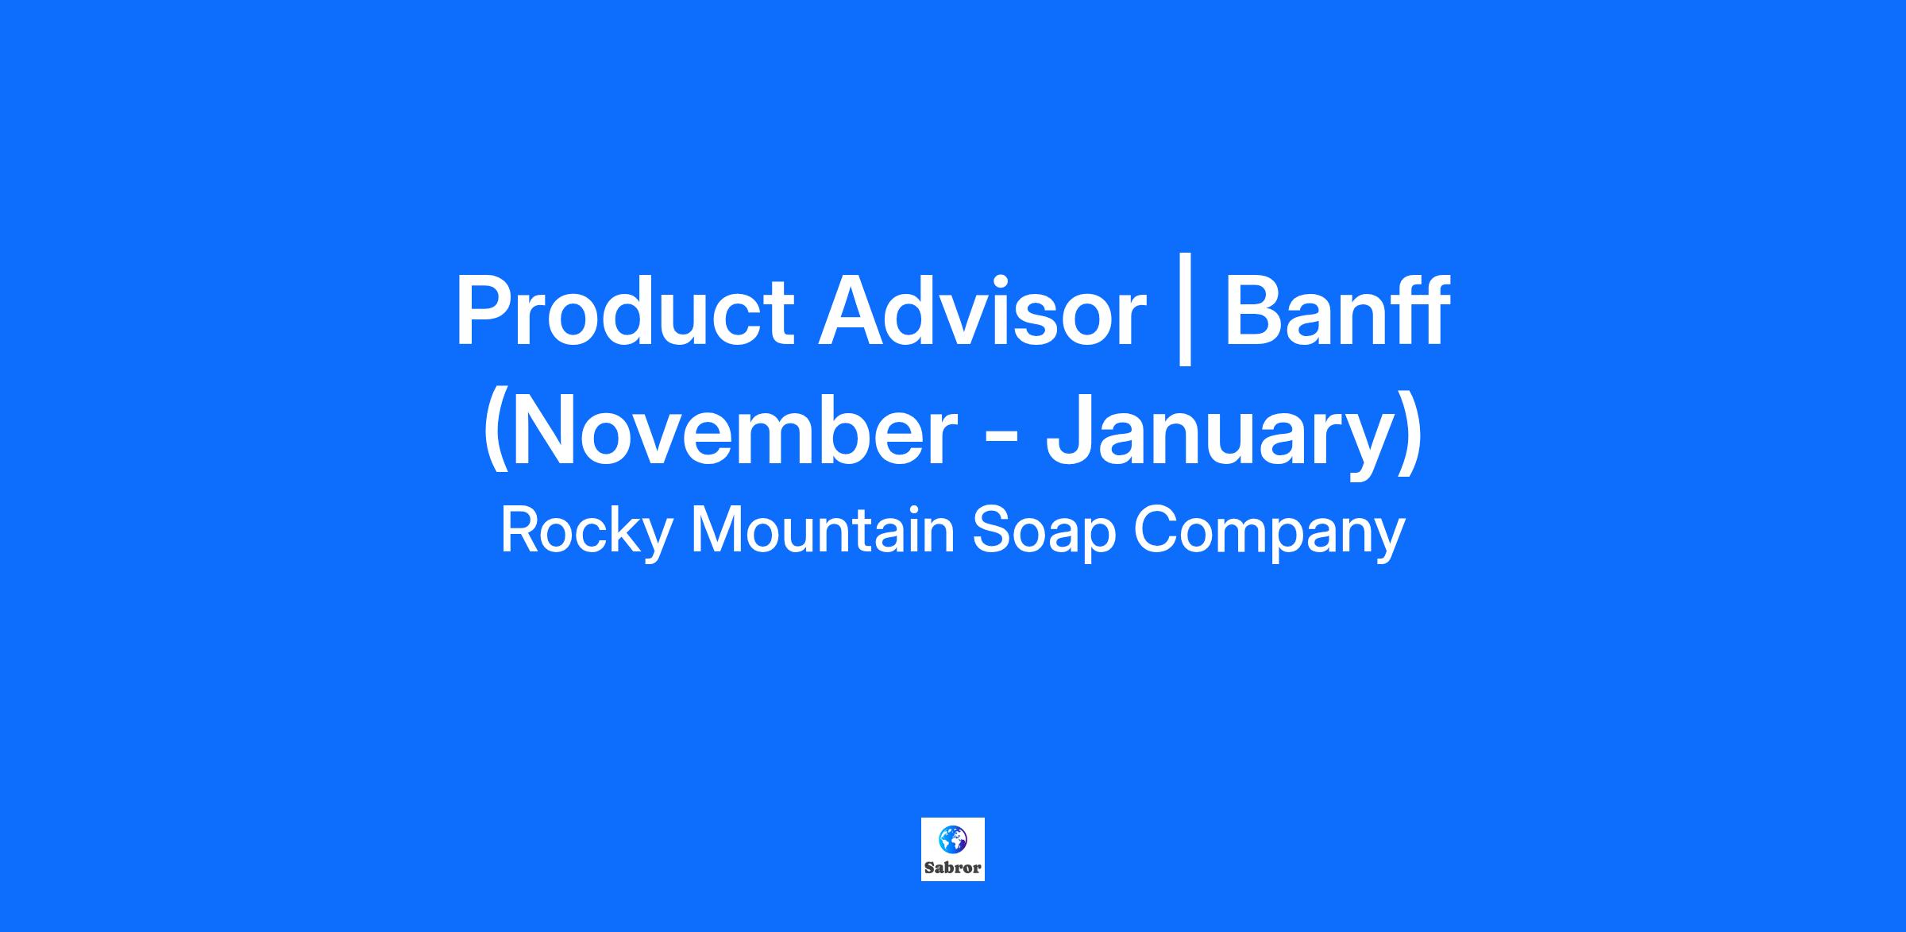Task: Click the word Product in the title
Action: [624, 311]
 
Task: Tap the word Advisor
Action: [982, 311]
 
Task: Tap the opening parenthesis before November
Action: [496, 431]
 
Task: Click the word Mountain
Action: [823, 531]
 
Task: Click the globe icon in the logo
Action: [952, 839]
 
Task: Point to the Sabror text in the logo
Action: [953, 867]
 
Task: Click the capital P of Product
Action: [484, 311]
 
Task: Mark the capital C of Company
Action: [1158, 531]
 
